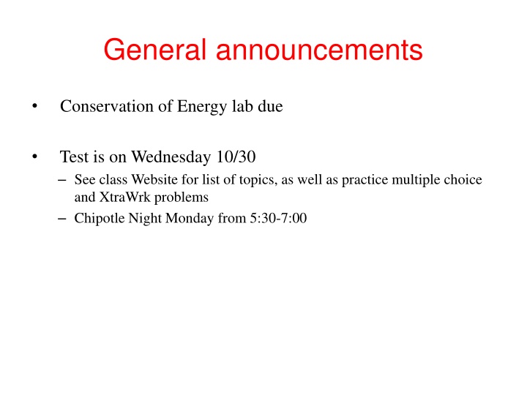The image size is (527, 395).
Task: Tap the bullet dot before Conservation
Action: point(34,107)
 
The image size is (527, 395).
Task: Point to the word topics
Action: point(252,180)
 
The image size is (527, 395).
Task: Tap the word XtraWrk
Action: point(121,197)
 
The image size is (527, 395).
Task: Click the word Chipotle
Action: point(100,218)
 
